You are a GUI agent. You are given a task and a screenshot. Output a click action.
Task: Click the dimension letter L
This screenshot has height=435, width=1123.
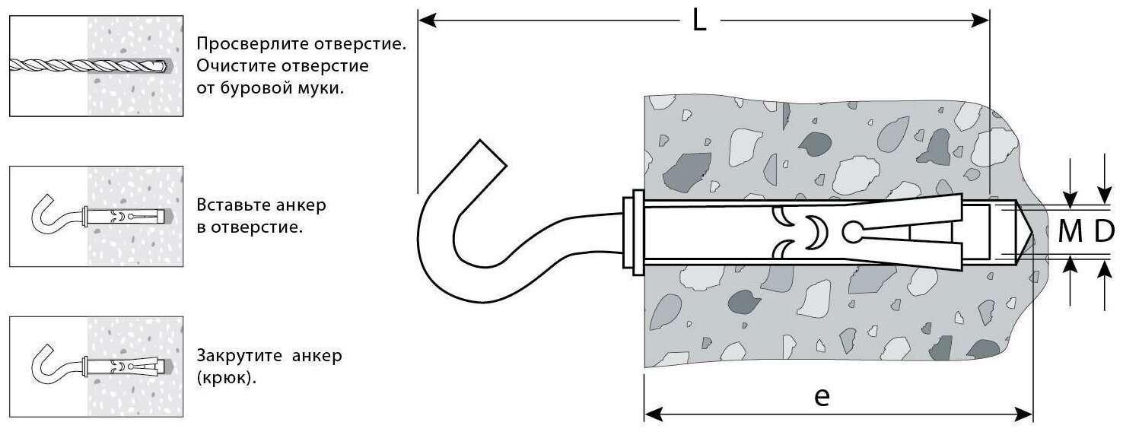[699, 21]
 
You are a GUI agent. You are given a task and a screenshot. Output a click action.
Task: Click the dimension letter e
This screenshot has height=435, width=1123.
[821, 397]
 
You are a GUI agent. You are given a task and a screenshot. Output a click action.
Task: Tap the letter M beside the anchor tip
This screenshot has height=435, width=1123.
[1071, 233]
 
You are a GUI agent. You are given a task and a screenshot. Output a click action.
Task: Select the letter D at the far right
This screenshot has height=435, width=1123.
[1104, 233]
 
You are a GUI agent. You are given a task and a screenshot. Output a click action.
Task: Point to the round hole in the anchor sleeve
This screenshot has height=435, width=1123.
[853, 231]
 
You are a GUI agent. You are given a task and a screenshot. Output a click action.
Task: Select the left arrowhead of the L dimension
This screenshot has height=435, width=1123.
[426, 21]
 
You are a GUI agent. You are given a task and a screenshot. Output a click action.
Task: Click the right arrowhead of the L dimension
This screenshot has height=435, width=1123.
[981, 21]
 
